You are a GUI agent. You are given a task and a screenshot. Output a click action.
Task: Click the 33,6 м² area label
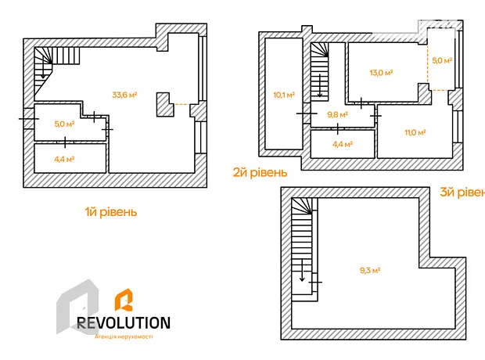coord(124,95)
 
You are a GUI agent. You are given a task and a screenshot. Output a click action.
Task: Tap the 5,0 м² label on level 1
coord(64,124)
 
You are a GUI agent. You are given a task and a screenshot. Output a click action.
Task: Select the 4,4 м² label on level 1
coord(64,159)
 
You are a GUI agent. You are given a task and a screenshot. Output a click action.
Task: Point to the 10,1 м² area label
coord(284,95)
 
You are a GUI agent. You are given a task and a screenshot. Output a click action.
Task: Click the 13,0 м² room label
coord(382,73)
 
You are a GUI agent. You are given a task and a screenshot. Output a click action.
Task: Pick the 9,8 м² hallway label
coord(338,115)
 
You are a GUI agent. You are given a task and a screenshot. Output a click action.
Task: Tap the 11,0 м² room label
coord(415,132)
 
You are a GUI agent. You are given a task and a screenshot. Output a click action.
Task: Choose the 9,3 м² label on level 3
coord(370,270)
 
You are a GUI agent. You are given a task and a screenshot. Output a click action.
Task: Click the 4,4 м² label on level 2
coord(343,144)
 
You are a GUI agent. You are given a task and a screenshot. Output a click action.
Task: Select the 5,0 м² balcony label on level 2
coord(442,60)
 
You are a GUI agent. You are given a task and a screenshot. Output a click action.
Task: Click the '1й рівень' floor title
coord(111,212)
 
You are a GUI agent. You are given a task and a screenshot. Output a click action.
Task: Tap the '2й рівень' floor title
coord(260,172)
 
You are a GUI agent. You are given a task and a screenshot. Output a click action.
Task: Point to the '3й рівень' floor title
coord(462,193)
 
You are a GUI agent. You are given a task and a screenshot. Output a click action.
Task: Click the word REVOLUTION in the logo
coord(124,323)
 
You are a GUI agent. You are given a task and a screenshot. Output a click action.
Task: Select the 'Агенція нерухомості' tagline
coord(124,337)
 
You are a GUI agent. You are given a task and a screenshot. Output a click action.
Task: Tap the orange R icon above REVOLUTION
coord(124,300)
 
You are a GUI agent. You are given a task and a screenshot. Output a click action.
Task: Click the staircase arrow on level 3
coord(302,270)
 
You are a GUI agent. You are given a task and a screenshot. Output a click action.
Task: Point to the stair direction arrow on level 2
coord(320,86)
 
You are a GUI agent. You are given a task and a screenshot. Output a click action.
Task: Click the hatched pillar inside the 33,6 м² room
coord(165,104)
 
